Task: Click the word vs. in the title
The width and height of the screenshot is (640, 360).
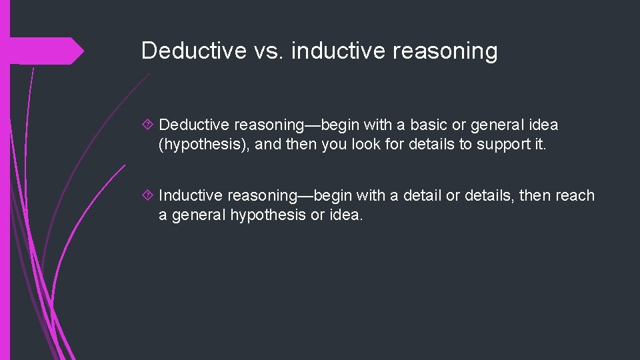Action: (x=268, y=51)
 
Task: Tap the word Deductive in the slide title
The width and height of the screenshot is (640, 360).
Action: (x=193, y=51)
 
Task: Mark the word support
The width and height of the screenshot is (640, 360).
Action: (x=488, y=145)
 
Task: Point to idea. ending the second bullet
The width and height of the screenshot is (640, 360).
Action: (x=346, y=215)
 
